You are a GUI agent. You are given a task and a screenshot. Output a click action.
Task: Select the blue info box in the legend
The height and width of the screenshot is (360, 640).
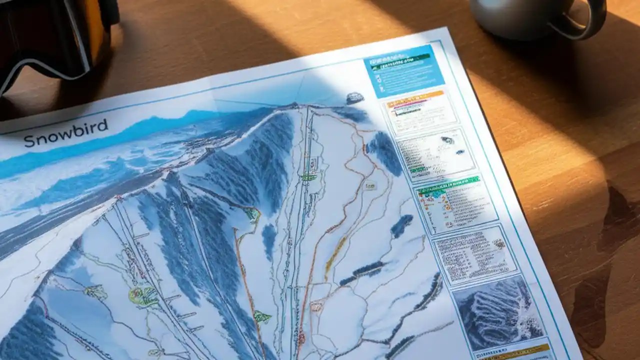(403, 69)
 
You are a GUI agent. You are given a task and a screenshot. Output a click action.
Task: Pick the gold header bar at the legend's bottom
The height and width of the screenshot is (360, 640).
(515, 350)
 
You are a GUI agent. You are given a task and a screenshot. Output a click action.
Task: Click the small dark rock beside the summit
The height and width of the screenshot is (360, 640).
(354, 97)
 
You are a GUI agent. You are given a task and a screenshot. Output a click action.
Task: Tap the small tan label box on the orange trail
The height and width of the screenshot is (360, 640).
(370, 186)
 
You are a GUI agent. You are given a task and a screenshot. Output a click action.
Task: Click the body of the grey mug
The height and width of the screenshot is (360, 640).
(515, 17)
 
